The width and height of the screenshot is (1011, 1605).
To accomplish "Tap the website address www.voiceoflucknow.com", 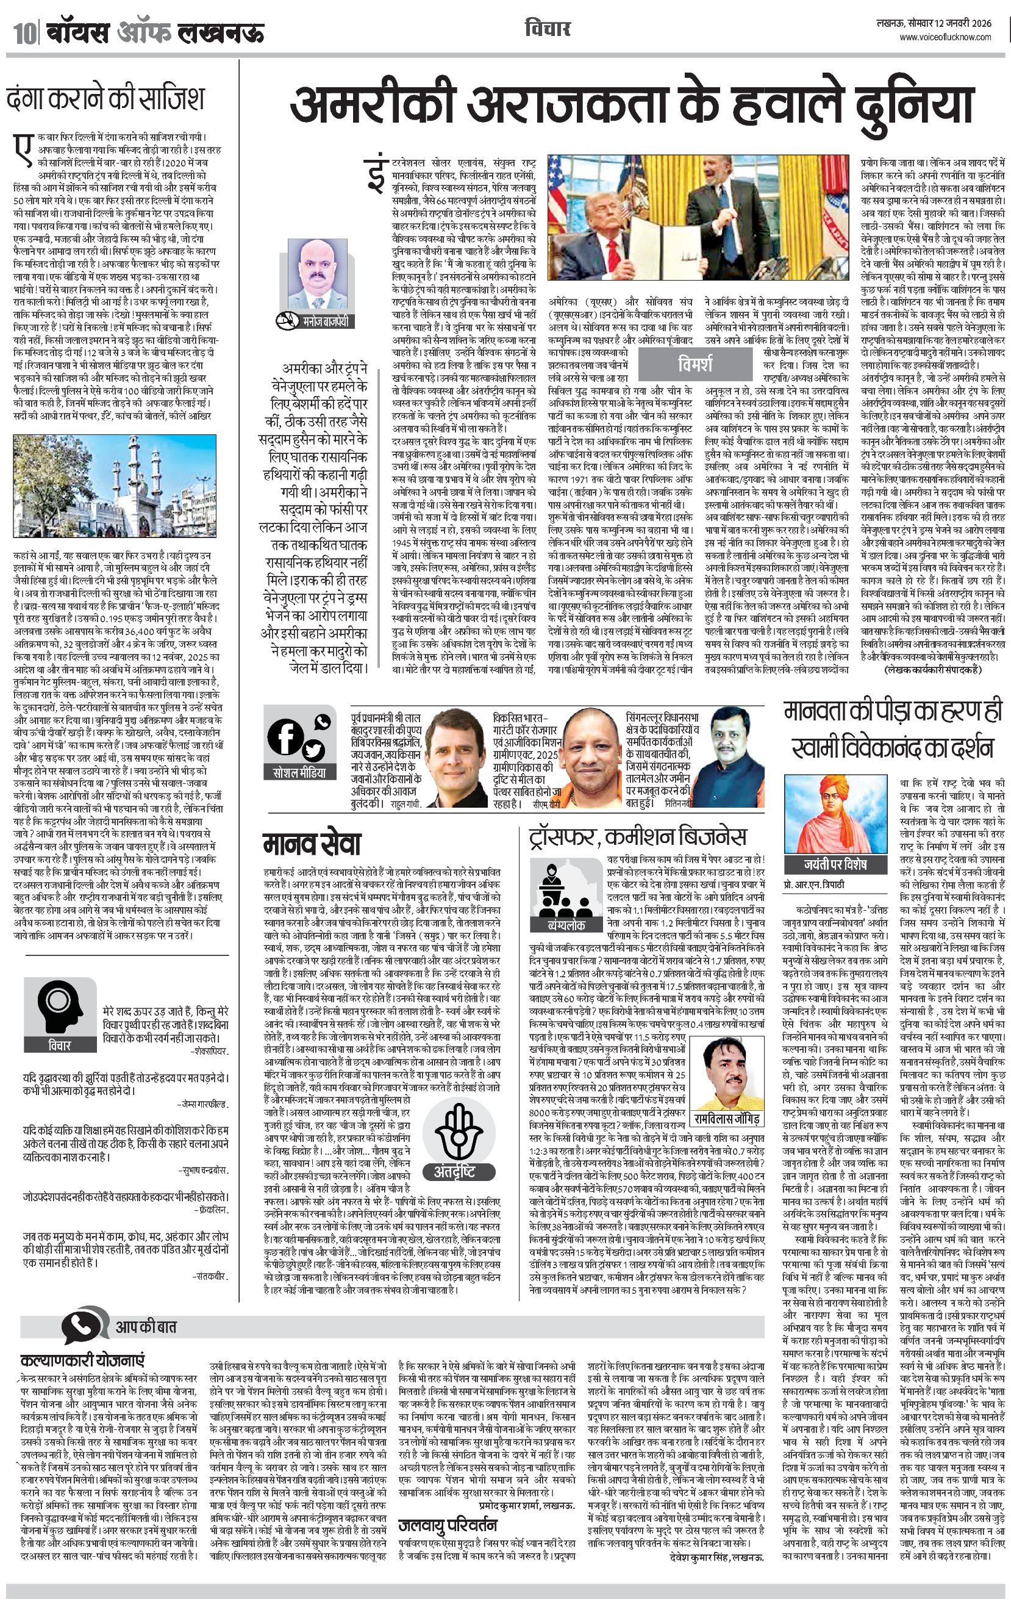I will [x=945, y=37].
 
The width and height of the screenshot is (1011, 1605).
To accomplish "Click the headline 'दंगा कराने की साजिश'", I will [x=105, y=98].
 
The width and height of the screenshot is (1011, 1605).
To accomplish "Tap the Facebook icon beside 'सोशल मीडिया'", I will [x=287, y=737].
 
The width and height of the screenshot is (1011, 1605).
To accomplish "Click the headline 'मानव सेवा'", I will [x=311, y=844].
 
